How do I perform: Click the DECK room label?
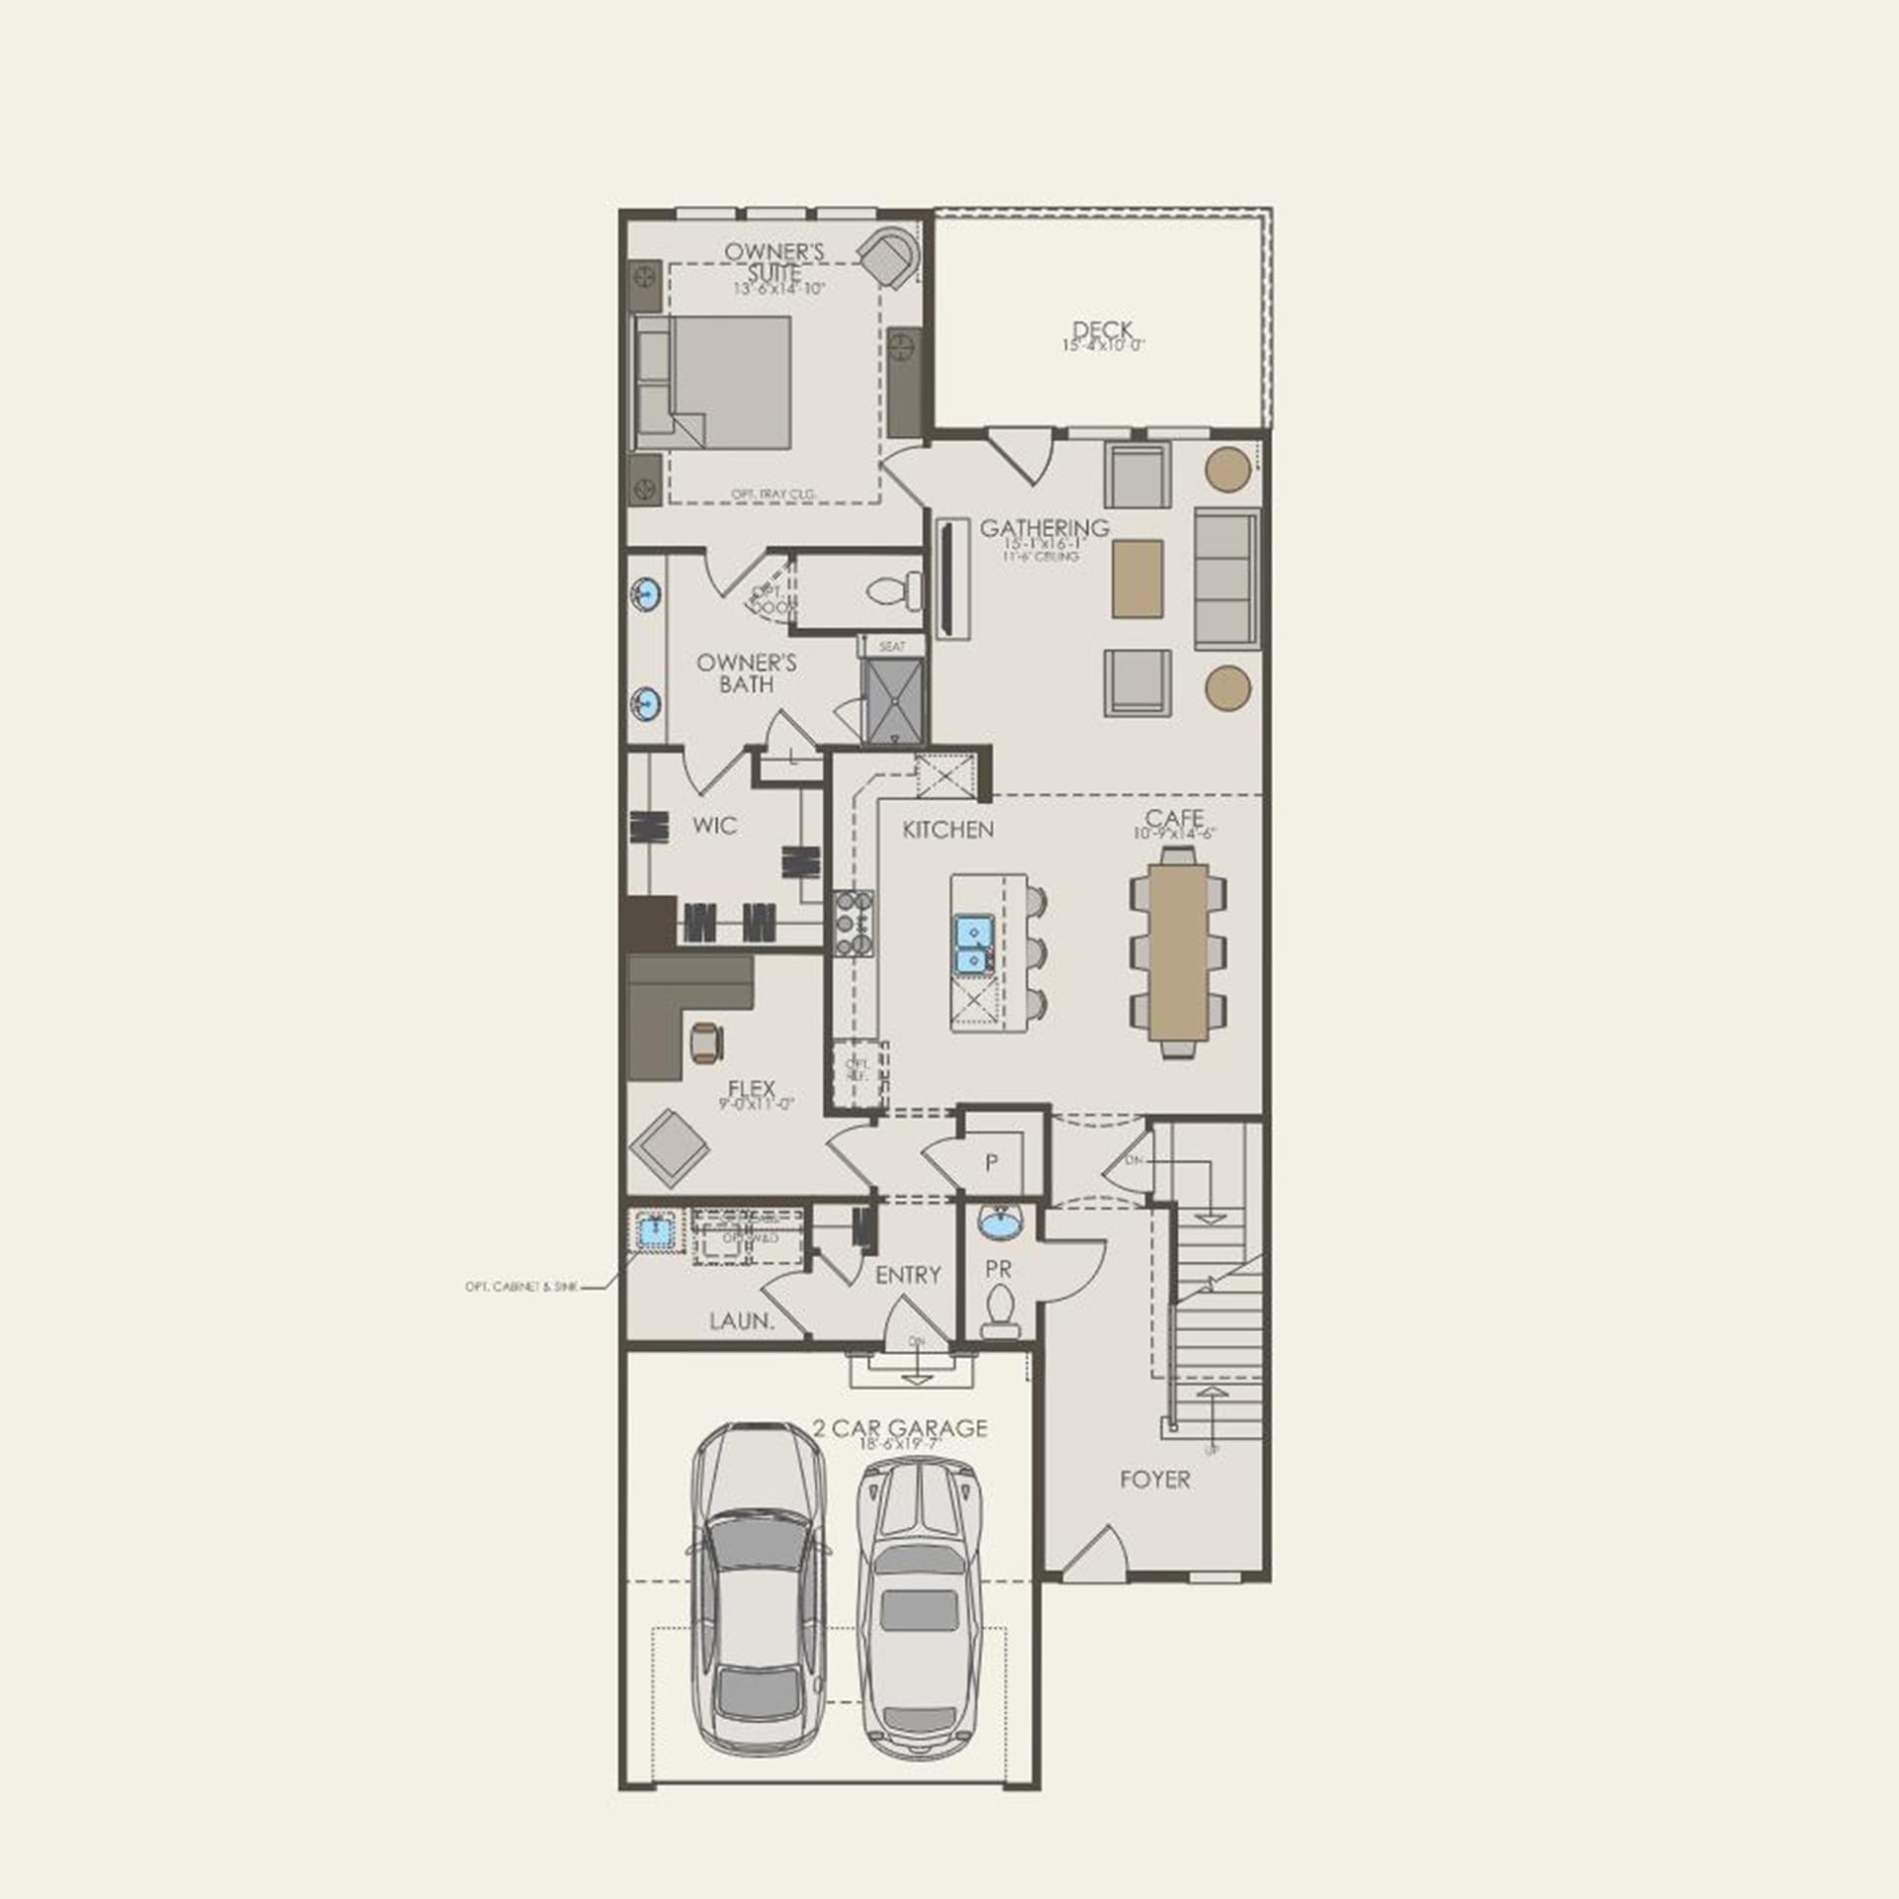(1102, 330)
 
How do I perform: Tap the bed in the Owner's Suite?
(714, 382)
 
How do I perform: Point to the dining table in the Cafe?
(1179, 952)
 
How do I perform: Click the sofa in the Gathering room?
(1226, 579)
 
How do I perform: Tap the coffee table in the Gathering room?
(1137, 579)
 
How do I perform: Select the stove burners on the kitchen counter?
(854, 923)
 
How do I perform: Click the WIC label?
(714, 825)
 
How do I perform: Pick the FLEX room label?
(752, 1089)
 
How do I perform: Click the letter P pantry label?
(992, 1163)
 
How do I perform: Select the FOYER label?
(1154, 1480)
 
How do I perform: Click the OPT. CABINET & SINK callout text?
(520, 1288)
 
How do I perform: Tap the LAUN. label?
(741, 1320)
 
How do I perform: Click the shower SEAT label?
(892, 647)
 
